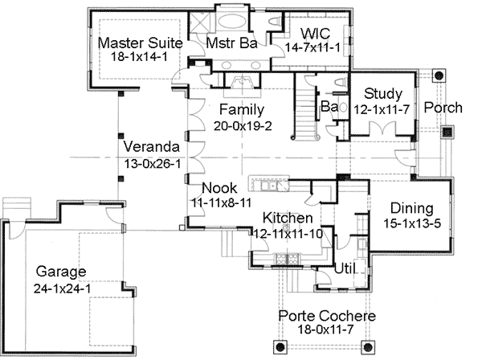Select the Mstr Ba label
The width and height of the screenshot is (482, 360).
click(231, 43)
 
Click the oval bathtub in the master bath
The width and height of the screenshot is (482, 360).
click(231, 22)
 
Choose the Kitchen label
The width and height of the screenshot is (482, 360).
click(288, 219)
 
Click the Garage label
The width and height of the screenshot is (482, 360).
click(60, 271)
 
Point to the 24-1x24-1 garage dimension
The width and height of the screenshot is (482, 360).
click(60, 286)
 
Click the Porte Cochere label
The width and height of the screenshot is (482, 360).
click(326, 316)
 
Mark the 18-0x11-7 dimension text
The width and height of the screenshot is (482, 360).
click(326, 330)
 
